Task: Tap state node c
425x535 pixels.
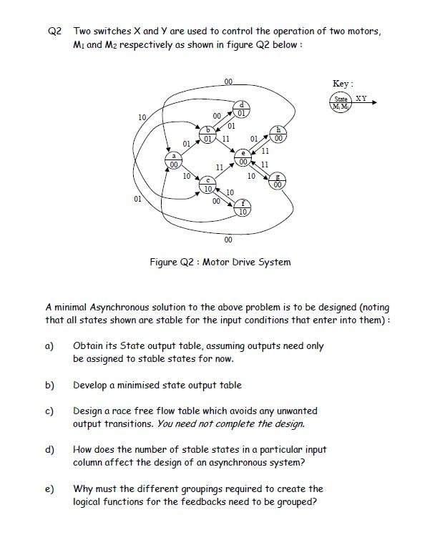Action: [207, 185]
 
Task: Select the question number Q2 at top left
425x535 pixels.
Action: [55, 31]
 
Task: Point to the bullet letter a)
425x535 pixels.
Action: [49, 346]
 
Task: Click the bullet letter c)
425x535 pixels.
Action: [49, 411]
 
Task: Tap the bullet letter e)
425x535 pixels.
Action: [49, 489]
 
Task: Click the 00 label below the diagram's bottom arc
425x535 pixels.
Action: [228, 240]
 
